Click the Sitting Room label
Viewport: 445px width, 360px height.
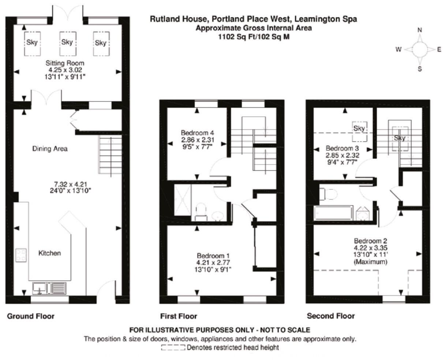tap(67, 63)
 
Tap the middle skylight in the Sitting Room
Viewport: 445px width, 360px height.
tap(67, 42)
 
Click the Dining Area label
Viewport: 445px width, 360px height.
tap(50, 149)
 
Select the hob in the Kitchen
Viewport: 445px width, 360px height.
tap(21, 255)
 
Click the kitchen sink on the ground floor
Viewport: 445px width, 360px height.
tap(39, 289)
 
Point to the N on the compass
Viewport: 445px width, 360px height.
tap(420, 30)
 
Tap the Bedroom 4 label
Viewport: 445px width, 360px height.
tap(197, 132)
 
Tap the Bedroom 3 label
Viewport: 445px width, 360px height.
tap(342, 149)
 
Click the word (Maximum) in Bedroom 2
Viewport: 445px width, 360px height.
tap(370, 262)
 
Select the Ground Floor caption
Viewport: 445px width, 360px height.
tap(31, 316)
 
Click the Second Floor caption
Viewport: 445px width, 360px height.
tap(330, 316)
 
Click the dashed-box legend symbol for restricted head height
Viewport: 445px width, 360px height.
tap(173, 348)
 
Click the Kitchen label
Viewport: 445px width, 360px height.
tap(50, 253)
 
